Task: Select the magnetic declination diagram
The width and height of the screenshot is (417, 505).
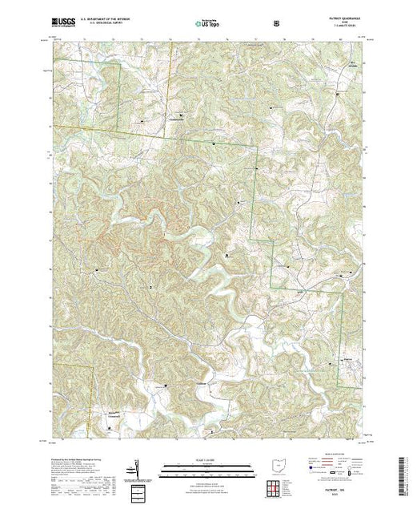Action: point(138,466)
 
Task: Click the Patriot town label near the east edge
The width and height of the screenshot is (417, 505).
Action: point(347,360)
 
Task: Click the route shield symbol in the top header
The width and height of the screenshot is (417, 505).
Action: point(276,25)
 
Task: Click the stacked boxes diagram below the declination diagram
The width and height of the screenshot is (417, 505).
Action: point(138,491)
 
